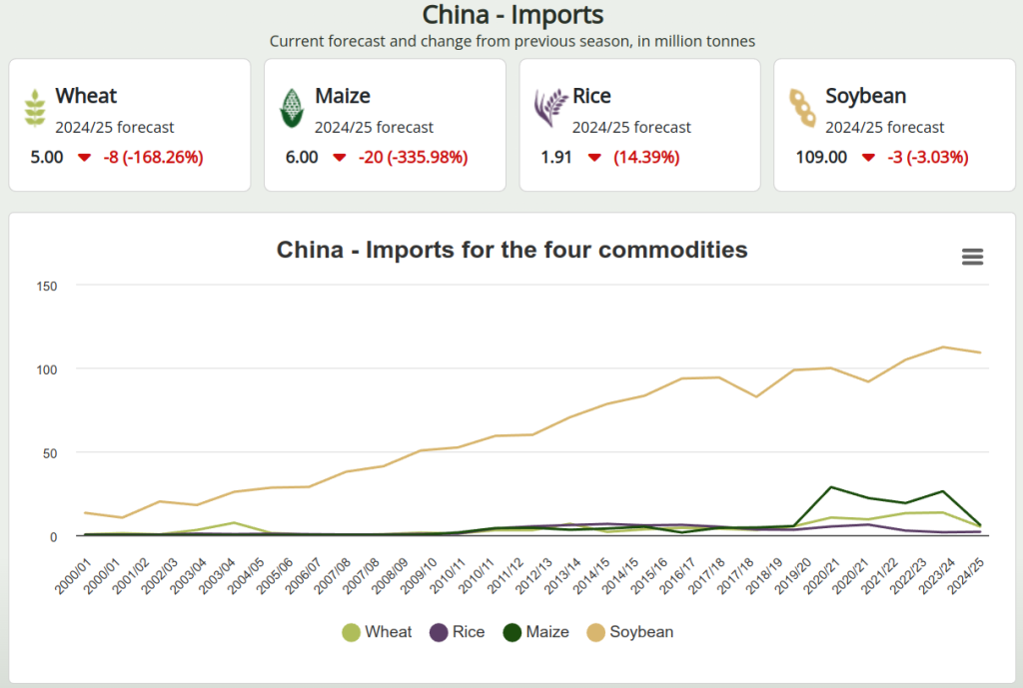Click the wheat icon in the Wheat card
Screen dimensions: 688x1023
point(35,108)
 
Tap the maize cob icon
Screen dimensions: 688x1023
point(291,108)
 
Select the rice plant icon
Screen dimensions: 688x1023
point(548,108)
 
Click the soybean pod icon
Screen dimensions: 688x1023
point(802,108)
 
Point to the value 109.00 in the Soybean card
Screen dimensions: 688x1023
point(821,157)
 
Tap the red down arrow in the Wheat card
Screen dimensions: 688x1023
point(84,158)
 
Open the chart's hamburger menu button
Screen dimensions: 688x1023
point(972,257)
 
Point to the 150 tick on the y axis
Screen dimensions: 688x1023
point(46,286)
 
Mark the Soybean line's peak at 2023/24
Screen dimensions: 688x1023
point(943,347)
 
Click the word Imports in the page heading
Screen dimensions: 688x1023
point(560,15)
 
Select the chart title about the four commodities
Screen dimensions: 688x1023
point(511,250)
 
